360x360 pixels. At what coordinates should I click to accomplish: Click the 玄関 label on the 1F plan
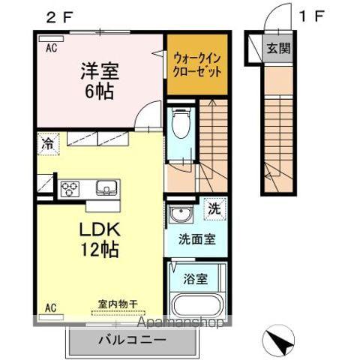278,49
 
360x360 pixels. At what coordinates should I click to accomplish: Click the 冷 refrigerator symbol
48,142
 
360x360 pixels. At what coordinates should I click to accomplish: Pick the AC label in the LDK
50,307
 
